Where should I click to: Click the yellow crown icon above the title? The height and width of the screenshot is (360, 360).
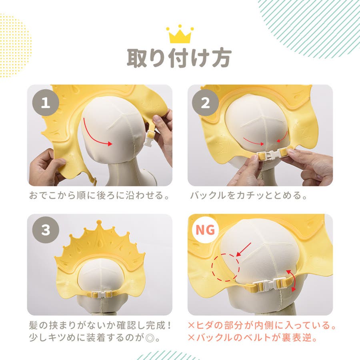point(180,34)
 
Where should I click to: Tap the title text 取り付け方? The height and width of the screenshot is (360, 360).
point(179,58)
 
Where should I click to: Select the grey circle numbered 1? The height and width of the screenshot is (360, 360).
point(46,103)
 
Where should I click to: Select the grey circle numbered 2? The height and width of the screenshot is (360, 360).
point(205,103)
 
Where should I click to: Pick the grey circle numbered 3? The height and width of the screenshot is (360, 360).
point(46,230)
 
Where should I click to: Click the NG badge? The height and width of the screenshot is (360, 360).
point(205,230)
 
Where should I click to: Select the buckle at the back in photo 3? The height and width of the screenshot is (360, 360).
point(101,294)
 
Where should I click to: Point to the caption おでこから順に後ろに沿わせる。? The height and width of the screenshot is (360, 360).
point(99,195)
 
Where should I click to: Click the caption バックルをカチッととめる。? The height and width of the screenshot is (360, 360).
point(249,195)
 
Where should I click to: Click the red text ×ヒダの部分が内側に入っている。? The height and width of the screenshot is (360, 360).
point(262,325)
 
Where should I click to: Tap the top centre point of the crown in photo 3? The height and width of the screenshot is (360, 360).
point(99,222)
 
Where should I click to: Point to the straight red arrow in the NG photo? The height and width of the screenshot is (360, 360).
point(244,249)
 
